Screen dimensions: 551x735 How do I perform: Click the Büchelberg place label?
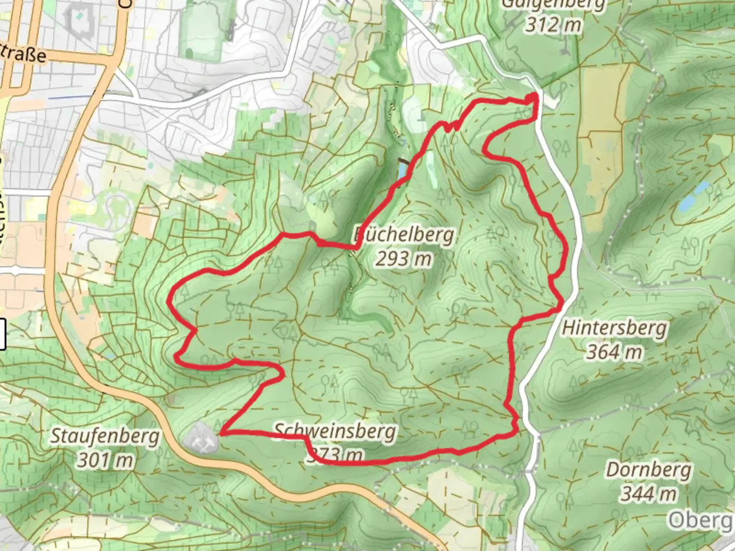pos(404,235)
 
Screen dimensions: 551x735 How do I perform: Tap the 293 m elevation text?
pos(404,259)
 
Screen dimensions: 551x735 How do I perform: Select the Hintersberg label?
pos(614,328)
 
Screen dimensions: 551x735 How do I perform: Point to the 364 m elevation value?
pos(614,352)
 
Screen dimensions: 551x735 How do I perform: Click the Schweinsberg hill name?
pos(335,432)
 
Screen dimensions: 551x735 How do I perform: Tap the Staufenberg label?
pos(105,437)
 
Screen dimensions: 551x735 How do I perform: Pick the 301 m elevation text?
pos(105,461)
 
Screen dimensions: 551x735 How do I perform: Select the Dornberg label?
pos(648,470)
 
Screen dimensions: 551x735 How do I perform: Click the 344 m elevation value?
pos(648,494)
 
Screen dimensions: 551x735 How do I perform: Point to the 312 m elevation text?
pos(553,24)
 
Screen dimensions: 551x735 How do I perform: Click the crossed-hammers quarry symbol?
pos(202,438)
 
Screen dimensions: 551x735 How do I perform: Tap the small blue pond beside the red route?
pos(402,170)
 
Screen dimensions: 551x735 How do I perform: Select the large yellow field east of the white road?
pos(604,102)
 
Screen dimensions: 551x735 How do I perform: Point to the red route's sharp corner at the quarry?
pos(220,434)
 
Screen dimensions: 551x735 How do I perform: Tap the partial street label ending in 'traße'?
pos(23,54)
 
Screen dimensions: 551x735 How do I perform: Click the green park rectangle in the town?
pos(201,31)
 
